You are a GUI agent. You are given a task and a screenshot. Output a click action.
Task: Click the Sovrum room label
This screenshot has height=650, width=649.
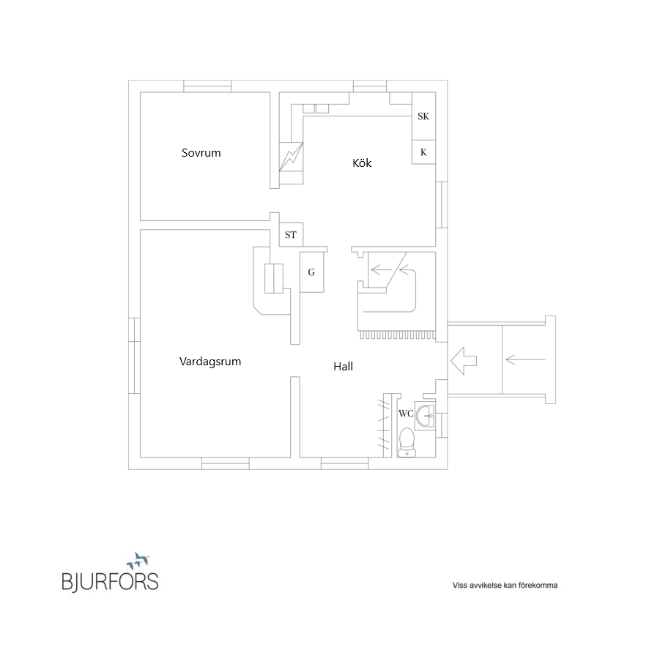point(201,153)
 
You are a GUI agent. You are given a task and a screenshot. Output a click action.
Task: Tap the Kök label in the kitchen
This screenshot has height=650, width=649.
point(362,163)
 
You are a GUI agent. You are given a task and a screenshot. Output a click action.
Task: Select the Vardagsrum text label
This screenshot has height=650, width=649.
point(210,362)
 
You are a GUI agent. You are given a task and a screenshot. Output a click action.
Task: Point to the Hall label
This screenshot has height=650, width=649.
point(343,367)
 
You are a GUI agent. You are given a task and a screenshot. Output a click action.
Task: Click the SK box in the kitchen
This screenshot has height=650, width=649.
point(423,116)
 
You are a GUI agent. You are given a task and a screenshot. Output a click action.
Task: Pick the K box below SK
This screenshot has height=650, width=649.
point(423,152)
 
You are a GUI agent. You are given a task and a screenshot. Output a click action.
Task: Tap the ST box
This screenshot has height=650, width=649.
point(291,235)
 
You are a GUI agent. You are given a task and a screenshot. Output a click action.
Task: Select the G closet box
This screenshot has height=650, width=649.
point(311,272)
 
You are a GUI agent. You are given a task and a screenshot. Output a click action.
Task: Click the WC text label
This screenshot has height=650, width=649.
point(406,413)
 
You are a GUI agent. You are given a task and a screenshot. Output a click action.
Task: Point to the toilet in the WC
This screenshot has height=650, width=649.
point(407,442)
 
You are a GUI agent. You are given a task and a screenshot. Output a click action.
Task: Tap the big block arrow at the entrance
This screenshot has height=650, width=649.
point(463,360)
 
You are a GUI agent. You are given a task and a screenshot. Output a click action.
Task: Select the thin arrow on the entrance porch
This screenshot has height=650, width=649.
point(525,359)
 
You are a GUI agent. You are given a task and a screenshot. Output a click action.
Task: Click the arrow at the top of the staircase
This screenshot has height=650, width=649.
point(381,269)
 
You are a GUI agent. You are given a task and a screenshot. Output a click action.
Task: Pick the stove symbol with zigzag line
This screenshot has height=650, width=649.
point(291,156)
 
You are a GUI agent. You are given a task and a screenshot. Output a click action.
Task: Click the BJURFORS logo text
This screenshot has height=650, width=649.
point(110,582)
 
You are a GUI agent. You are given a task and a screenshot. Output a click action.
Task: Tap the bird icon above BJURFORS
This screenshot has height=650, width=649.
point(139,561)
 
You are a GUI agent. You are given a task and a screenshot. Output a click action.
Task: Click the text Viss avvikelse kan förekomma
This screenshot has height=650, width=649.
point(505,586)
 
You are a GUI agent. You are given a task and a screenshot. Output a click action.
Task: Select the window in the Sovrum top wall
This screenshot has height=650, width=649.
point(207,86)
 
